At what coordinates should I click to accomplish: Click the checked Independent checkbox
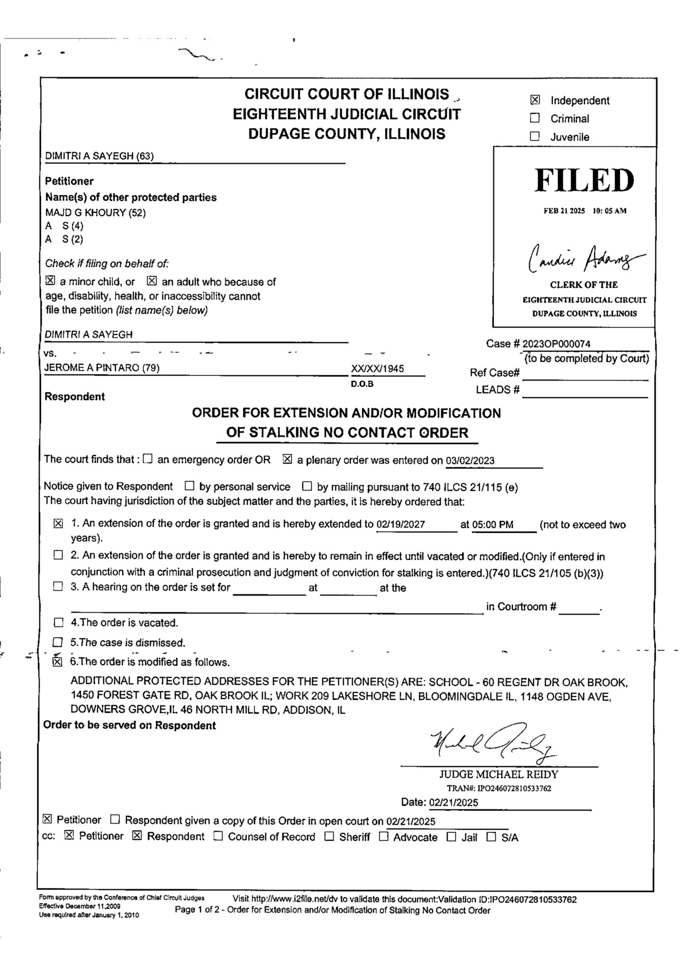pos(534,100)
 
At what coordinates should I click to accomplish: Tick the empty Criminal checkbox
pos(534,118)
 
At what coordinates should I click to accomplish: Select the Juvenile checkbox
pos(534,136)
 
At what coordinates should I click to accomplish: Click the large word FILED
pos(584,180)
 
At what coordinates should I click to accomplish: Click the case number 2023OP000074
pos(556,344)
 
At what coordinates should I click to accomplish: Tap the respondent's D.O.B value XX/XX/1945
pos(377,369)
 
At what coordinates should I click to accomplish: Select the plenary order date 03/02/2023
pos(470,460)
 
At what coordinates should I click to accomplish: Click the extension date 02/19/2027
pos(401,524)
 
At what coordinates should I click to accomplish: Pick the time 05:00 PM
pos(493,525)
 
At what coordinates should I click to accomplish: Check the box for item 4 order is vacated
pos(58,623)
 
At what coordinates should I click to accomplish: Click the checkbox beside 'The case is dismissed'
pos(58,642)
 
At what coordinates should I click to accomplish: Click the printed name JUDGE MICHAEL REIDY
pos(498,774)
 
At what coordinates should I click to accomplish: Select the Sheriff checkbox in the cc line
pos(329,837)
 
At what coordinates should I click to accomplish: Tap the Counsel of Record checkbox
pos(218,836)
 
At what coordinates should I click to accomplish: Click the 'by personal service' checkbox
pos(190,486)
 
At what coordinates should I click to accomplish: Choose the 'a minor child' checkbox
pos(50,281)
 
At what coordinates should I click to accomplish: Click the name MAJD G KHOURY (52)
pos(95,212)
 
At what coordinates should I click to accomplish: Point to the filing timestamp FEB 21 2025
pos(564,211)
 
